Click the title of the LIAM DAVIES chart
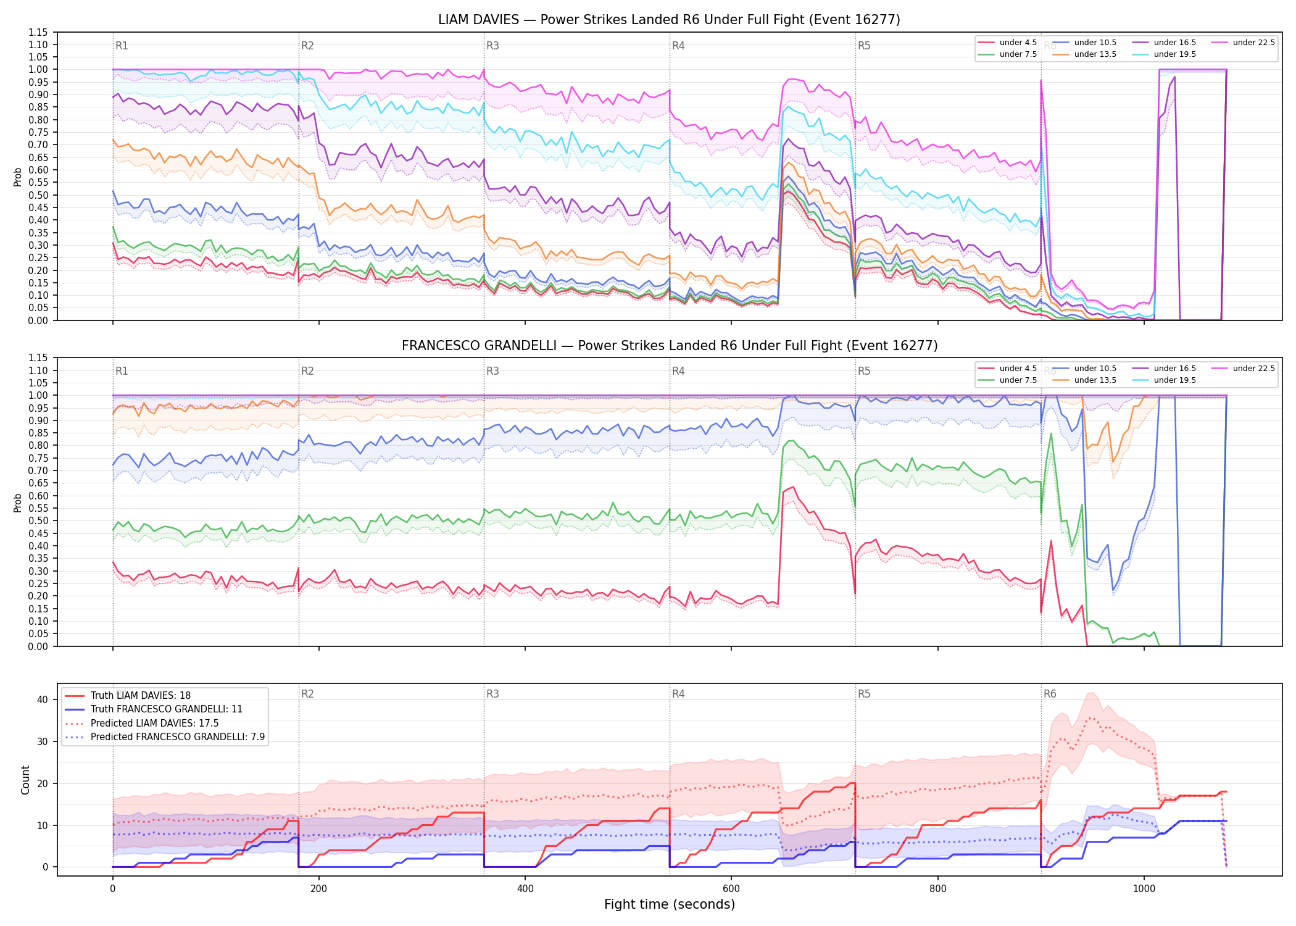pos(669,20)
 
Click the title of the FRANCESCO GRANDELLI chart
pos(670,346)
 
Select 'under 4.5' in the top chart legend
pos(1018,43)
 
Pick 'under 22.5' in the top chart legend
pos(1253,43)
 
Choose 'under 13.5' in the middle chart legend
pos(1095,380)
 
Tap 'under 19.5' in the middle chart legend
pos(1175,380)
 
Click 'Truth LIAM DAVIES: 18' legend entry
pos(141,696)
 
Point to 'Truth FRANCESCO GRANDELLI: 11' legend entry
pos(167,709)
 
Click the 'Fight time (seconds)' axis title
pos(670,904)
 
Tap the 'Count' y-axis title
pos(25,780)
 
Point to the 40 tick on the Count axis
pos(43,700)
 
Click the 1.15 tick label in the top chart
pos(38,32)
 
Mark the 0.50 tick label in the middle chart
pos(38,521)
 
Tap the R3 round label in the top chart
pos(492,46)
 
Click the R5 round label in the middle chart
pos(864,371)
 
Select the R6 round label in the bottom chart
pos(1050,694)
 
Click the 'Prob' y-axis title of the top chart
pos(18,177)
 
